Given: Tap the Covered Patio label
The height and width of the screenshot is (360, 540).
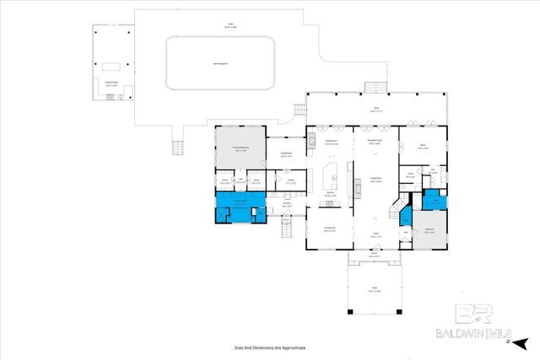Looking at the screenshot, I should click(111, 83).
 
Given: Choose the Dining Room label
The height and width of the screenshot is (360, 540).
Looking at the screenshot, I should click(331, 228).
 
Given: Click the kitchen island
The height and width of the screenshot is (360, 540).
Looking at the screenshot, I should click(330, 178).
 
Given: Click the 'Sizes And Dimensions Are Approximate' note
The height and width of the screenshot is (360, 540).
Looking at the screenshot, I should click(269, 347).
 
